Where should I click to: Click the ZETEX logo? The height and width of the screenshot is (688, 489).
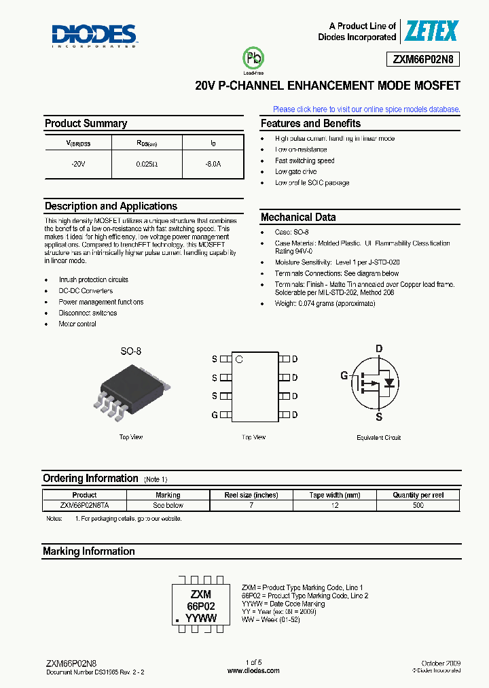point(431,31)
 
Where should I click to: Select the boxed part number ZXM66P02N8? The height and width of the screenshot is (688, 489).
point(426,60)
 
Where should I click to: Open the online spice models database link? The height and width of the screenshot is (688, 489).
point(366,109)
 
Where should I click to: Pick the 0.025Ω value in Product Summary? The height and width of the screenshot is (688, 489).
point(146,165)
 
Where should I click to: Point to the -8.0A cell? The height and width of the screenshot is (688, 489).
point(213,165)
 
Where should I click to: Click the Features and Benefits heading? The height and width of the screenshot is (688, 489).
point(310,124)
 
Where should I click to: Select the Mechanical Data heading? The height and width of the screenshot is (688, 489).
point(298,218)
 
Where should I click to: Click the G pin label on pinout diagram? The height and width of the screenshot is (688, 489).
point(215,415)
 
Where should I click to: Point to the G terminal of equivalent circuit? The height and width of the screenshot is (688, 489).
point(344,375)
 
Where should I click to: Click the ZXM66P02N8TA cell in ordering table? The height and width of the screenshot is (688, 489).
point(84,505)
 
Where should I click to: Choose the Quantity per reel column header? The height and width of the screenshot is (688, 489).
point(418,495)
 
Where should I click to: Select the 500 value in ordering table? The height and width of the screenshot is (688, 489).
point(418,505)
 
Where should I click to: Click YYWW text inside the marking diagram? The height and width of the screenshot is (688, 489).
point(201,619)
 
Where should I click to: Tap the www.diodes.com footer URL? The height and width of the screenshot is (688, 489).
point(253,670)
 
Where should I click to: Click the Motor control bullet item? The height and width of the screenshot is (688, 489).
point(77,324)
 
